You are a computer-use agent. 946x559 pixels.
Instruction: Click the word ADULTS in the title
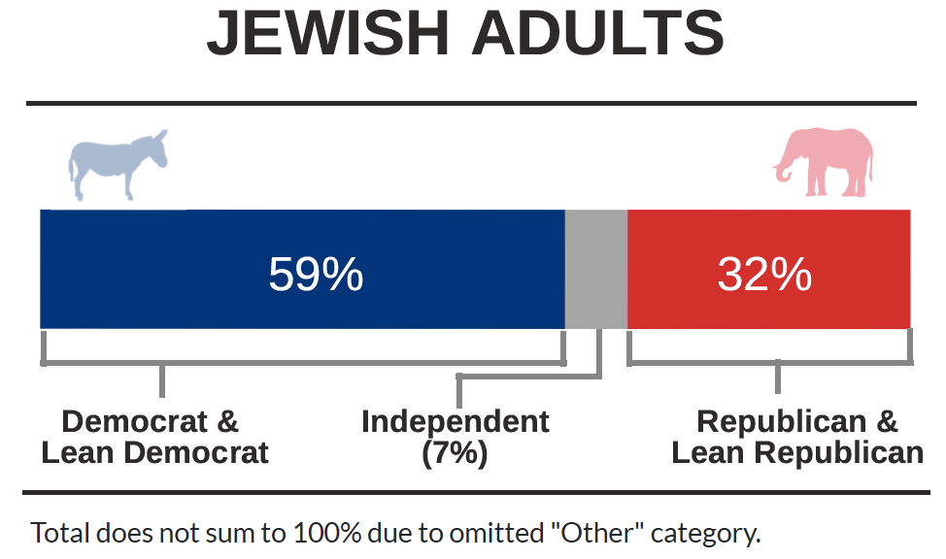point(598,33)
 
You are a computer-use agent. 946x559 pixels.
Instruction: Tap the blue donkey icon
point(118,165)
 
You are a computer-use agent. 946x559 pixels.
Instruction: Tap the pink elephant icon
point(825,162)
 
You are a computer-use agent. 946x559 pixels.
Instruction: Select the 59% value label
point(316,275)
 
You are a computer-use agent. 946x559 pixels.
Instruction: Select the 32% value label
point(764,275)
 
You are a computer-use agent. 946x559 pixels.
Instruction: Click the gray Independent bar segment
point(596,269)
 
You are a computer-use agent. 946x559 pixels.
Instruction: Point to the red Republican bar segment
point(768,269)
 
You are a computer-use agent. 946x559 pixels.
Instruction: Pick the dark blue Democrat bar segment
point(302,269)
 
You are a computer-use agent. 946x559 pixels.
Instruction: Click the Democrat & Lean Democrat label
point(154,437)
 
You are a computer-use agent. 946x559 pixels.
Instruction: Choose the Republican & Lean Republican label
point(797,437)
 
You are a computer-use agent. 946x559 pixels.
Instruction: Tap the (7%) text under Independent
point(455,453)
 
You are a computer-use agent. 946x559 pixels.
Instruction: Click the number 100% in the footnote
point(327,533)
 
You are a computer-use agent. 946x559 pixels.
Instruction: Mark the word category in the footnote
point(705,535)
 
